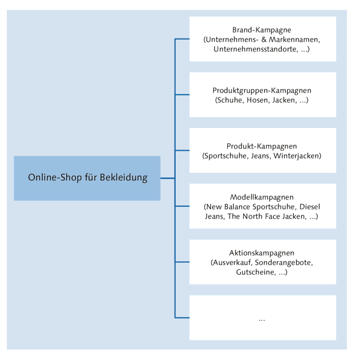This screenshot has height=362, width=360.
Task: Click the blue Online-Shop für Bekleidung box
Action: (x=87, y=178)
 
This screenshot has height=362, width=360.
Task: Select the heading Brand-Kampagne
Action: (x=262, y=30)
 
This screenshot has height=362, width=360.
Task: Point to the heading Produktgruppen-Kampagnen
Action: (x=262, y=91)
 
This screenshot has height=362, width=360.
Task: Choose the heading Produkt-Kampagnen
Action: (x=262, y=146)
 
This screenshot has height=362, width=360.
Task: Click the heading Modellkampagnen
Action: (x=262, y=197)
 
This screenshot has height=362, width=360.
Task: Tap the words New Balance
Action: (x=230, y=206)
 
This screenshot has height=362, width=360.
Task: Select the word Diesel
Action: (x=310, y=206)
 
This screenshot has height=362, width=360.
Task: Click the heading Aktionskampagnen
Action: (x=262, y=253)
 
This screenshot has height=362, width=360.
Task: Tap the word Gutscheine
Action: (x=256, y=272)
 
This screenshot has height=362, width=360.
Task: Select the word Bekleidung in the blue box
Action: (x=124, y=178)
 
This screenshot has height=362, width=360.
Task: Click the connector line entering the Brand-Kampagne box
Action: (x=182, y=39)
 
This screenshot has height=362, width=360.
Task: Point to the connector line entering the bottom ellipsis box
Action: (x=182, y=317)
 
